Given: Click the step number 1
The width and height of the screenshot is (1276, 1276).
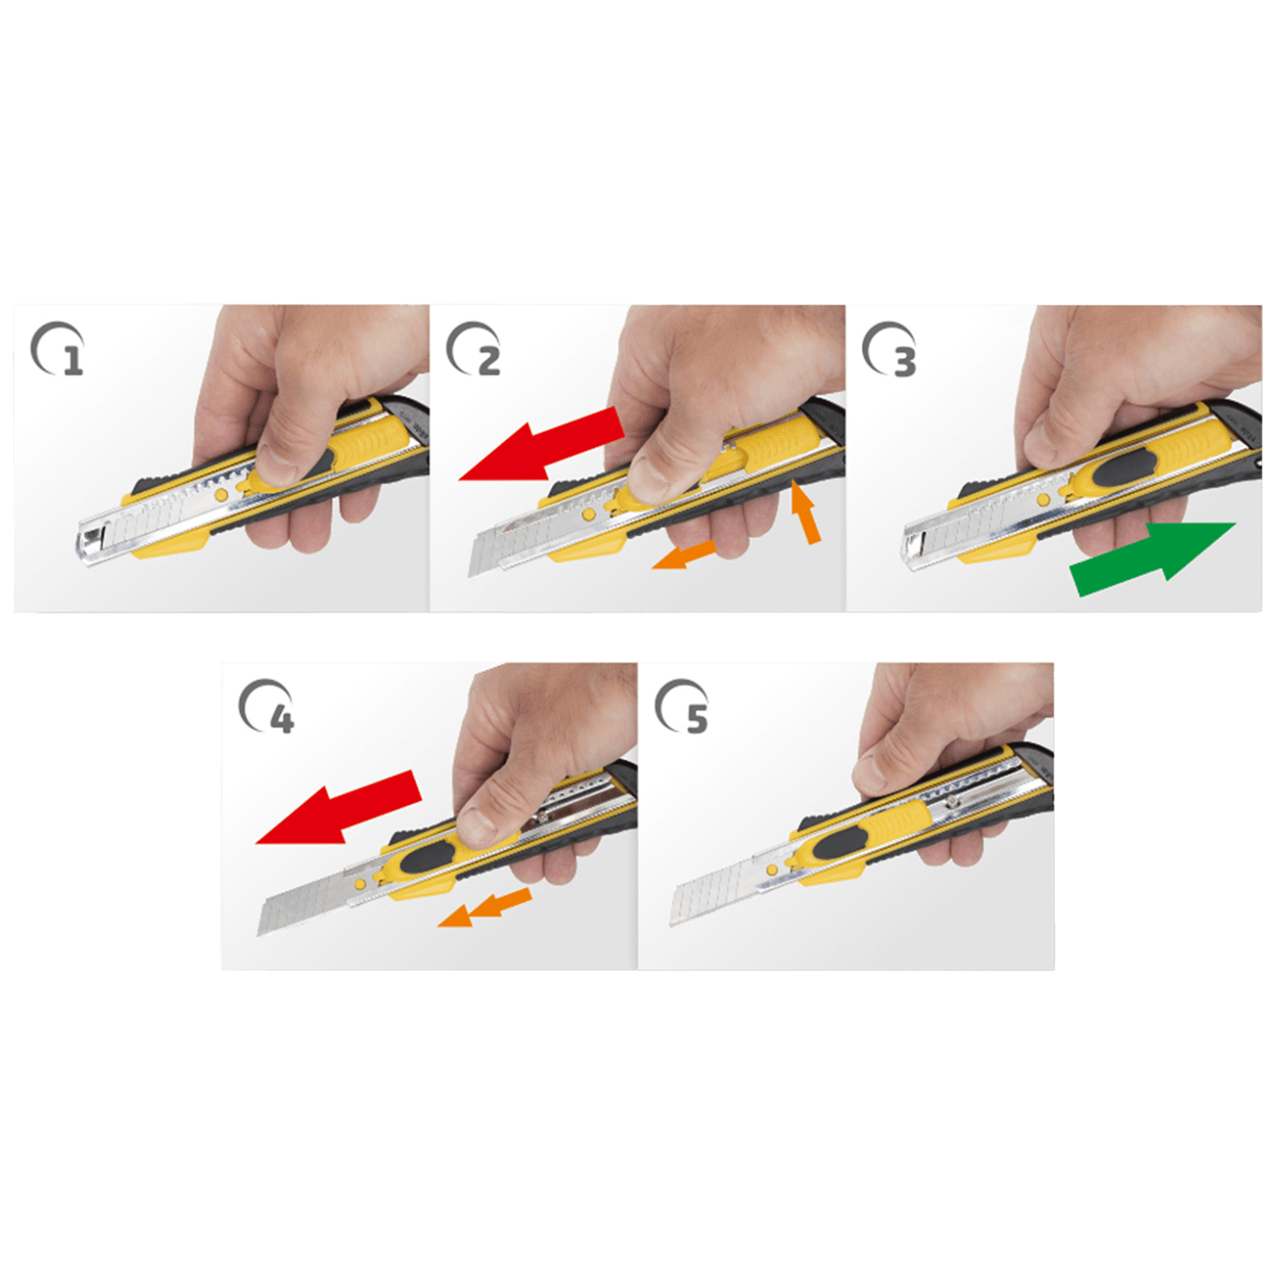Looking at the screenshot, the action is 73,362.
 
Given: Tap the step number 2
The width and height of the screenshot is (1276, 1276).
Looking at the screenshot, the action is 489,362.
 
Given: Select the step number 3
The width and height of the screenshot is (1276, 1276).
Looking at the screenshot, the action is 905,362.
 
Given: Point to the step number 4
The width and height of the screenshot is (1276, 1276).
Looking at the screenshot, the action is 282,719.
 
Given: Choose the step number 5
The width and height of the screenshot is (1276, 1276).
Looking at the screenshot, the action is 697,719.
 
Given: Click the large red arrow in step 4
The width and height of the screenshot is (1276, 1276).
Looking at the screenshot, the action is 338,808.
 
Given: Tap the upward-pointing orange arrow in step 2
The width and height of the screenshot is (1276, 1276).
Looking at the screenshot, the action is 805,512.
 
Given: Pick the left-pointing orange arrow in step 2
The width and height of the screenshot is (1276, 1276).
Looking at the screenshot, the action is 684,554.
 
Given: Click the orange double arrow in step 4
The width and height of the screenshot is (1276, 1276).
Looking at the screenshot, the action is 485,907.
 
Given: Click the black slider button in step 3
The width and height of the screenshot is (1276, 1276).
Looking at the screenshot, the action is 1123,468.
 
